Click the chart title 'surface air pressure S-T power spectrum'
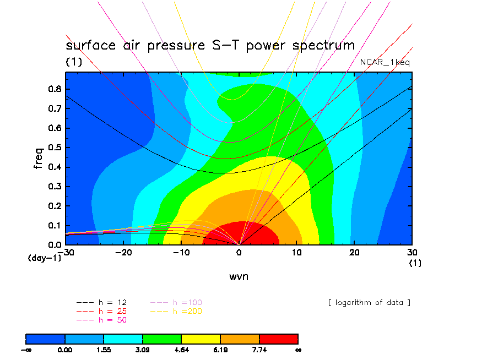(x=210, y=45)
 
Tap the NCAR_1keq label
(x=385, y=62)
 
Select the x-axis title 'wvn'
(x=239, y=276)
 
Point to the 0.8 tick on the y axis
(x=55, y=89)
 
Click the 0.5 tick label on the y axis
(x=55, y=148)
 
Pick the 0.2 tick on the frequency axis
(x=55, y=206)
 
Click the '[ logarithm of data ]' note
(x=369, y=303)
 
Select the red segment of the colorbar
(x=278, y=339)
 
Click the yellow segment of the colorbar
(x=201, y=339)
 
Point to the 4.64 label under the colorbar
(x=182, y=350)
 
